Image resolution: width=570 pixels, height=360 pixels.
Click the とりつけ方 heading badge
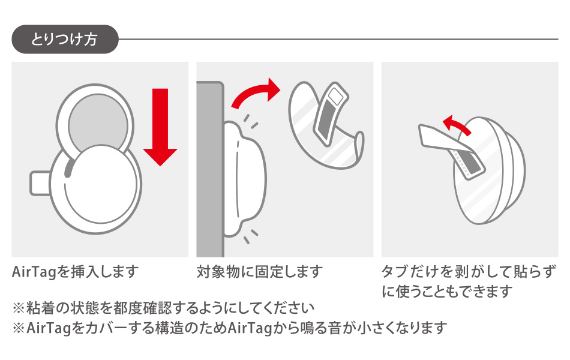[x=65, y=39]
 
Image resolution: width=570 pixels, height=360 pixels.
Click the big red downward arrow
[x=160, y=127]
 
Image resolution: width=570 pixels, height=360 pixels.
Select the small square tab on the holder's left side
[x=39, y=183]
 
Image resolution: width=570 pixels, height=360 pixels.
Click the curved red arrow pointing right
[x=257, y=92]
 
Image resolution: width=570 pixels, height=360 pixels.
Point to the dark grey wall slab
[x=210, y=169]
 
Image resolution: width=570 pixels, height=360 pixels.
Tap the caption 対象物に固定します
[x=260, y=272]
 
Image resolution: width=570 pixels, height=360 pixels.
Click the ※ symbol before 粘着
[x=19, y=308]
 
